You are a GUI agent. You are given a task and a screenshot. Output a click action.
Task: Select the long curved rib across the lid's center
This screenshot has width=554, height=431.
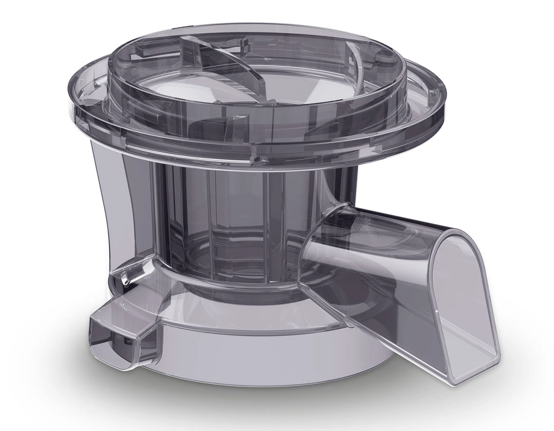pyautogui.click(x=226, y=64)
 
